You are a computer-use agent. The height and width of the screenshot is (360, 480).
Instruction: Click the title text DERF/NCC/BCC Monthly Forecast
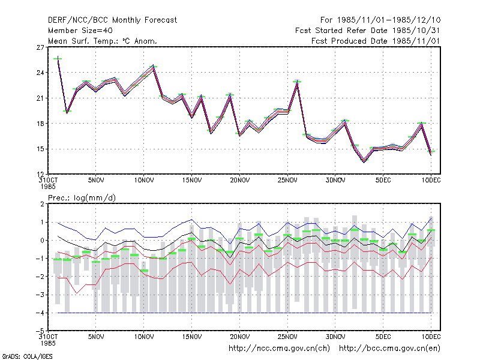click(112, 20)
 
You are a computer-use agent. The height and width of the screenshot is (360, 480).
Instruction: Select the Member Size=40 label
click(80, 31)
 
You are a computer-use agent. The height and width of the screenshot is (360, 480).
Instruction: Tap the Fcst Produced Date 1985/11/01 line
click(376, 41)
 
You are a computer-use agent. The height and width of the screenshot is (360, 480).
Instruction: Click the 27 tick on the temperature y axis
click(40, 47)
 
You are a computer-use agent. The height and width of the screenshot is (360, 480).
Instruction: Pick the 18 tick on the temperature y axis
click(40, 124)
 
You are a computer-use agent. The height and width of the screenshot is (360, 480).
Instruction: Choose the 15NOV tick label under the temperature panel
click(192, 181)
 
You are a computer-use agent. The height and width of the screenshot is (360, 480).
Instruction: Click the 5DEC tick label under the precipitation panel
click(383, 337)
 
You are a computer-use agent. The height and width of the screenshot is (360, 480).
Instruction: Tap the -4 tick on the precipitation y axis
click(40, 313)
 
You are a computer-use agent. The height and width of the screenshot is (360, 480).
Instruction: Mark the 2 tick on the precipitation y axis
click(42, 204)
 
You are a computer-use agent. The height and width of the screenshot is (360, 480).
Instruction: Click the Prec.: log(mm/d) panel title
click(82, 198)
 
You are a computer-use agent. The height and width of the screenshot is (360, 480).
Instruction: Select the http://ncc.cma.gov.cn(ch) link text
click(279, 349)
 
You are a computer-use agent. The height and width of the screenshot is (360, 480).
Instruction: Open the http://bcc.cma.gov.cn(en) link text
click(389, 349)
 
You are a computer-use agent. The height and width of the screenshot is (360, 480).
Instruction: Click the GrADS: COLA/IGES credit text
click(28, 356)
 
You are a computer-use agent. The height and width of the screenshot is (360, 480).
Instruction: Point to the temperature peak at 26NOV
click(297, 82)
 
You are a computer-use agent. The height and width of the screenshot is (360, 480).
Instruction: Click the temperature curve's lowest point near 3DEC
click(364, 161)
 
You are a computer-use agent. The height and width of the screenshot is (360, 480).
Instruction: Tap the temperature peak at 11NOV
click(154, 67)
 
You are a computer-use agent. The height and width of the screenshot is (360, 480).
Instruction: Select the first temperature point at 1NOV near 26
click(58, 58)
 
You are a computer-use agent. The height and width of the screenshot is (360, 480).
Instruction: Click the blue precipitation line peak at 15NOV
click(192, 220)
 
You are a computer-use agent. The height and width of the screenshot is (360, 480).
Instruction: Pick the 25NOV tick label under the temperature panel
click(287, 181)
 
